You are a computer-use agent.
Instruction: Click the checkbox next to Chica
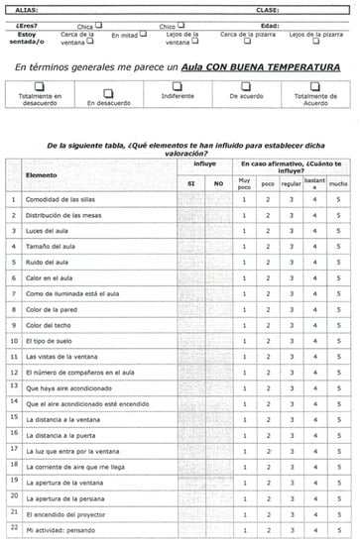point(98,27)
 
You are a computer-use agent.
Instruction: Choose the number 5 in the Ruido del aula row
point(338,262)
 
